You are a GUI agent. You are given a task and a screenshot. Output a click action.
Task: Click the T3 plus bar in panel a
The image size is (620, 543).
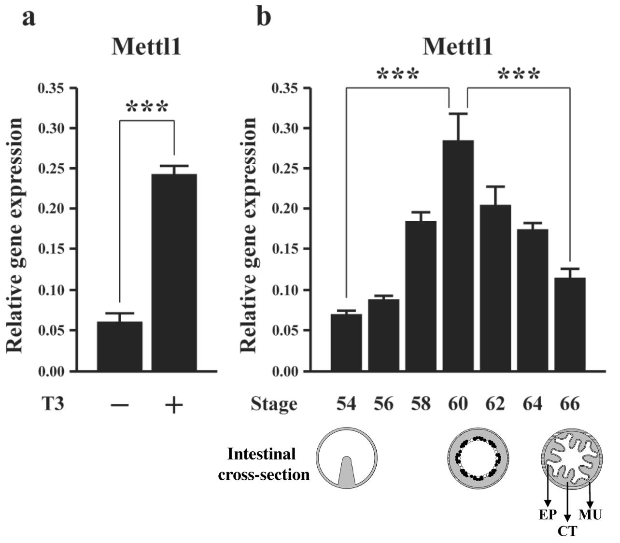(x=174, y=273)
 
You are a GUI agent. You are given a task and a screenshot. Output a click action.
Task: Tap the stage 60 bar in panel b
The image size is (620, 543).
(x=458, y=256)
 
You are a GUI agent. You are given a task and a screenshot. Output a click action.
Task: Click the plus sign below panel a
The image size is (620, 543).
(x=174, y=405)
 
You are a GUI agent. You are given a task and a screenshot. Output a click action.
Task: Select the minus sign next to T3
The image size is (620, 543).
(x=119, y=405)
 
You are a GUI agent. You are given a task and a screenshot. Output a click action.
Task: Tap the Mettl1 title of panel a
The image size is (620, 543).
(x=146, y=47)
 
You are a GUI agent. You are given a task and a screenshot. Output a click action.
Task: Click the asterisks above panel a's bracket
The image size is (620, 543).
(x=147, y=107)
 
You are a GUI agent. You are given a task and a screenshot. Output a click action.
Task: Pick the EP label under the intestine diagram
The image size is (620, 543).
(x=548, y=514)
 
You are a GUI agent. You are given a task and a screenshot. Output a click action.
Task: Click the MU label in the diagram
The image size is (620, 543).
(x=590, y=514)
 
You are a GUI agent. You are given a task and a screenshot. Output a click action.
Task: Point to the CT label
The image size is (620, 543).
(x=567, y=531)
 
